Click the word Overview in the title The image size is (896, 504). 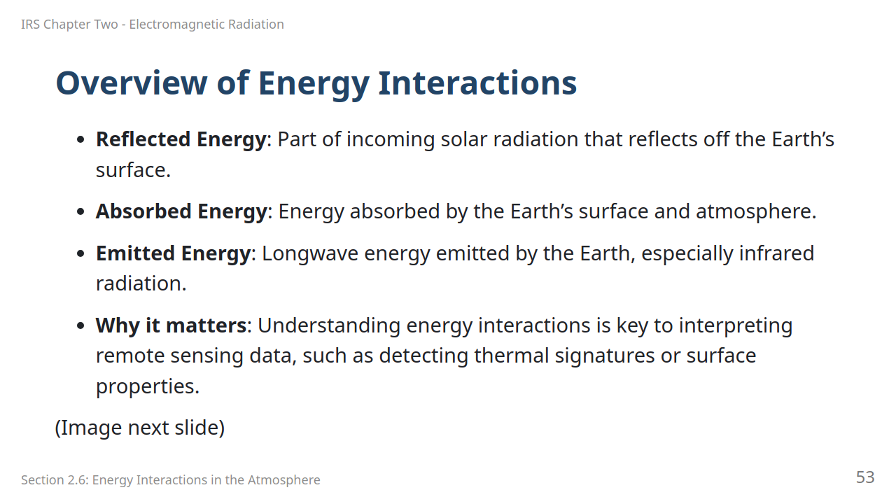click(x=132, y=83)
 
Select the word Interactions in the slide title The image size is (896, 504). click(x=477, y=83)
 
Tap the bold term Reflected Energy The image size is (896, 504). click(x=181, y=140)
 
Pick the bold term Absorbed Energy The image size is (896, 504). click(x=181, y=211)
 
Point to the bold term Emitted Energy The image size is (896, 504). click(x=173, y=253)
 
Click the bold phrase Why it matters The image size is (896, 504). click(x=171, y=325)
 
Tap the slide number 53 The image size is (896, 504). click(x=865, y=477)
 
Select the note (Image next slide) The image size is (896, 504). click(x=140, y=428)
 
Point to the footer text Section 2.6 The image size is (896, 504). click(x=55, y=479)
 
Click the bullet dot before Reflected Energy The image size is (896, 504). click(x=80, y=140)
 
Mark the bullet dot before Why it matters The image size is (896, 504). click(x=80, y=325)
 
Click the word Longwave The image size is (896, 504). click(x=310, y=254)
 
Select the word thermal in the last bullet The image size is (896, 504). click(x=512, y=356)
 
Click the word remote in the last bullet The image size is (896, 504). click(x=130, y=356)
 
